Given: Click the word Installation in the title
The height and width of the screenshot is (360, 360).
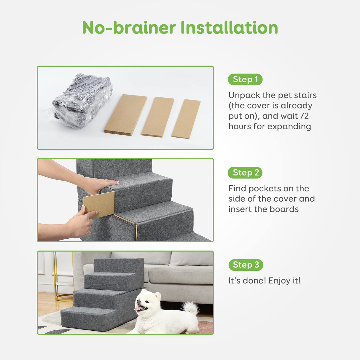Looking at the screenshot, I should point(229,28).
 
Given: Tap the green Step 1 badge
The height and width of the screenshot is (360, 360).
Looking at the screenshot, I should point(245,79).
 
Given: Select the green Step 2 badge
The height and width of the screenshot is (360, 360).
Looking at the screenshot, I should point(245,173).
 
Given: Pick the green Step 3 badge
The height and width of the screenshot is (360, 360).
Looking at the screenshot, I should point(246,265).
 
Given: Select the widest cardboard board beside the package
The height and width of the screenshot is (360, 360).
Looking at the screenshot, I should point(126,115).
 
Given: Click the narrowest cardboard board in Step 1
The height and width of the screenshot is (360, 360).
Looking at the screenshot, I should point(186,119).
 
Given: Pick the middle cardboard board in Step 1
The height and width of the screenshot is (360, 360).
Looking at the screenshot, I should point(158,117).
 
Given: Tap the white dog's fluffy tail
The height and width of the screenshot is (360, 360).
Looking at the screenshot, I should point(190,308).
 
